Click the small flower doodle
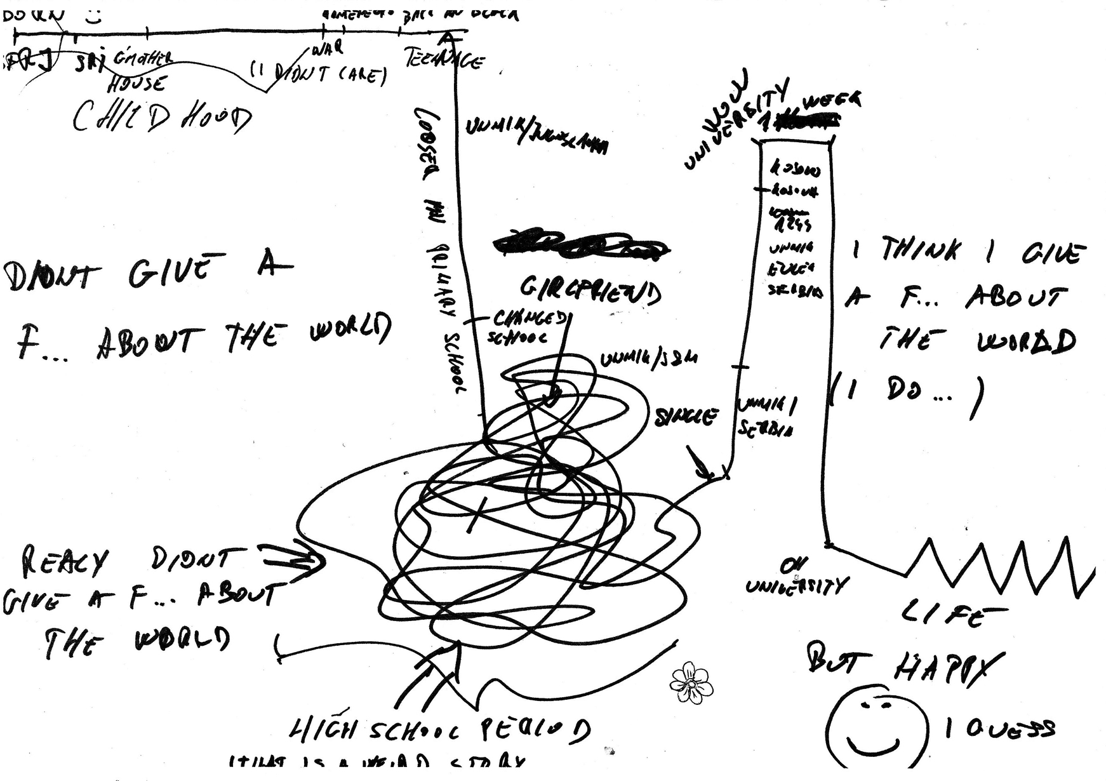pos(691,683)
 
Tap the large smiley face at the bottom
pos(877,728)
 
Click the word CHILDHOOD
pos(162,117)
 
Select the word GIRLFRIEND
pos(590,291)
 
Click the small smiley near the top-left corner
pos(94,17)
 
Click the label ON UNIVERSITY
pos(796,578)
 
